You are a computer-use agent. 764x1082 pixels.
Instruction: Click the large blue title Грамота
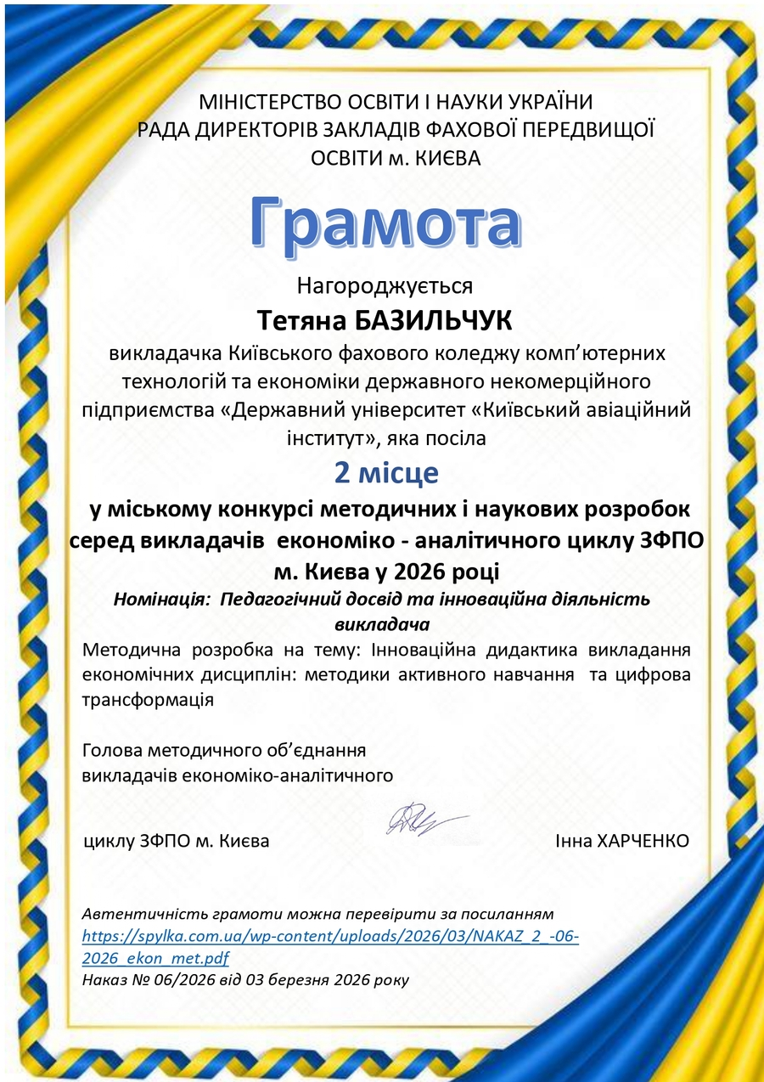tap(385, 223)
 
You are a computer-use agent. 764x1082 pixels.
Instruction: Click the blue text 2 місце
tap(385, 472)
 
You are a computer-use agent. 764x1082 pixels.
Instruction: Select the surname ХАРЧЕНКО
tap(643, 841)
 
